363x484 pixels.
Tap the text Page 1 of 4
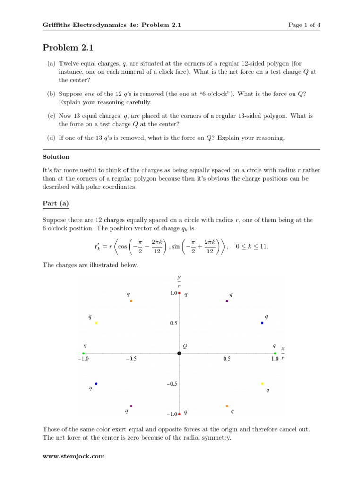[x=304, y=25]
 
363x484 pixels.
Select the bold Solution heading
[x=56, y=156]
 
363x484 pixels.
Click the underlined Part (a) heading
[x=56, y=203]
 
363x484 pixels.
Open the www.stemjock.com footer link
[x=73, y=456]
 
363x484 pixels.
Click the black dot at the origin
[x=179, y=354]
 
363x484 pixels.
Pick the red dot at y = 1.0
[x=179, y=294]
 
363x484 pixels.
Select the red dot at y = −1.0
[x=179, y=414]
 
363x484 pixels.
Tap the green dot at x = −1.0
[x=83, y=354]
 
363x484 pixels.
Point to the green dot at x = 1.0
[x=275, y=354]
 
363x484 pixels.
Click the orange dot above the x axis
[x=131, y=301]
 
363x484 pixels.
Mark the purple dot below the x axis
[x=131, y=406]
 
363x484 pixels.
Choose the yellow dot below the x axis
[x=262, y=384]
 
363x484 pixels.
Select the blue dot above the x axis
[x=262, y=323]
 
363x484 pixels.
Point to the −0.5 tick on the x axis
[x=131, y=359]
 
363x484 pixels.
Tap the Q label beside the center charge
[x=185, y=346]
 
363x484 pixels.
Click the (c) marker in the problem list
[x=51, y=116]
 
